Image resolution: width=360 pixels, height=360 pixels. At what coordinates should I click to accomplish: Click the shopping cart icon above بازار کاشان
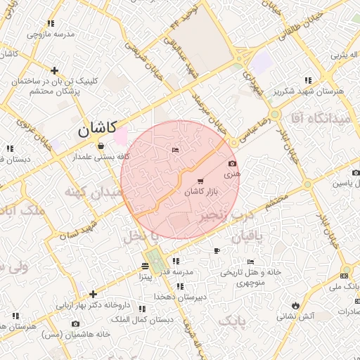tap(200, 181)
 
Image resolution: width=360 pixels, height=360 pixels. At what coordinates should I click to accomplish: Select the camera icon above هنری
tap(233, 164)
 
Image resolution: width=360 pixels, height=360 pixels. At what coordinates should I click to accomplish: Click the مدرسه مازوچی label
tap(51, 34)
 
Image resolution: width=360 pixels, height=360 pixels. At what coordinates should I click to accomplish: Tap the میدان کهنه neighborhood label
tap(89, 191)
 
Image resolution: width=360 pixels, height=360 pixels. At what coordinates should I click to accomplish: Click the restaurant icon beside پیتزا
tap(144, 266)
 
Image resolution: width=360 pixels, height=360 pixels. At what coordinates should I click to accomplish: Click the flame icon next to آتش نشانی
tap(296, 305)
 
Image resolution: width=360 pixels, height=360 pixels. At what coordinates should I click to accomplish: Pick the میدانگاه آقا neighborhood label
tap(321, 119)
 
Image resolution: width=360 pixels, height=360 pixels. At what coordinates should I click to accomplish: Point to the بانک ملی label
tap(345, 286)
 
